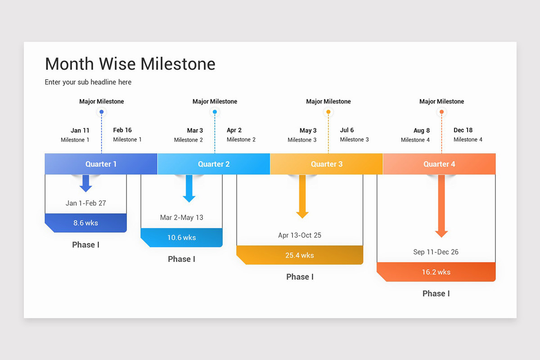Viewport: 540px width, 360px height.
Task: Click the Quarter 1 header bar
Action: pos(101,164)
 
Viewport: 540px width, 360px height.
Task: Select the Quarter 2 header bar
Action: pos(214,164)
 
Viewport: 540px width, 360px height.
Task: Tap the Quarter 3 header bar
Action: pos(327,164)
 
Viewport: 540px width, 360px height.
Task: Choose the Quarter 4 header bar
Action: pos(439,164)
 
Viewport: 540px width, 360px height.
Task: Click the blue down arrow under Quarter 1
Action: pos(86,183)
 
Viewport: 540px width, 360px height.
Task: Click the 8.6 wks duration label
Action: pos(85,223)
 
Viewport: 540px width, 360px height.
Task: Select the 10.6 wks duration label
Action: pos(181,238)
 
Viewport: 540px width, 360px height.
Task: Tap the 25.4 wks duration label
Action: pos(300,255)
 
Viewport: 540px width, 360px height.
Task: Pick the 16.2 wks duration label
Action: pos(436,272)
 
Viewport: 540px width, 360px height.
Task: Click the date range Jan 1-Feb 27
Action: pos(86,203)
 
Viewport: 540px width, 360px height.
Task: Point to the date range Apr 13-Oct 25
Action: pos(300,235)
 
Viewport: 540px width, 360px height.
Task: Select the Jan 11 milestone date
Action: pos(80,130)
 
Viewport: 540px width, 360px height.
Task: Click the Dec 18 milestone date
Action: pos(463,130)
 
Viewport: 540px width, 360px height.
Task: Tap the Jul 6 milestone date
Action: pos(347,130)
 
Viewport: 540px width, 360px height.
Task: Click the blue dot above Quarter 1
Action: pos(102,112)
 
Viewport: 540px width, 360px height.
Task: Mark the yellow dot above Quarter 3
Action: pos(328,112)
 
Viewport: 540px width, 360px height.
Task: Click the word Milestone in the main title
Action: pos(178,64)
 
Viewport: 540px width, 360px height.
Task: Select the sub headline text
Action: pos(88,82)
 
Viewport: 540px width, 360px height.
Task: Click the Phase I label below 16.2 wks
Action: pos(436,293)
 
